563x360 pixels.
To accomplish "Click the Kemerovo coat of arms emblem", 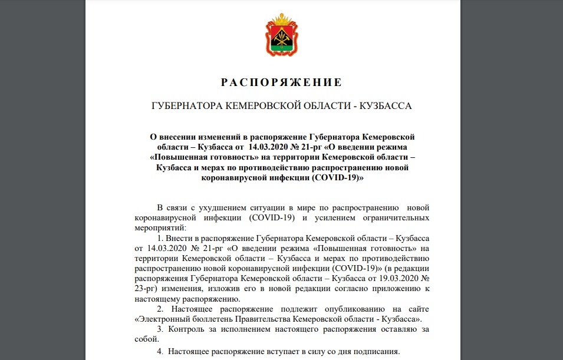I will [281, 37].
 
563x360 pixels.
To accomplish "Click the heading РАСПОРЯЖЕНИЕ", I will [281, 82].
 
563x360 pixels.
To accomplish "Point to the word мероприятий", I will [161, 227].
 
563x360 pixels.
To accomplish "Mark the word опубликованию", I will [332, 309].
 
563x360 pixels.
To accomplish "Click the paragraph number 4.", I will [159, 351].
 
